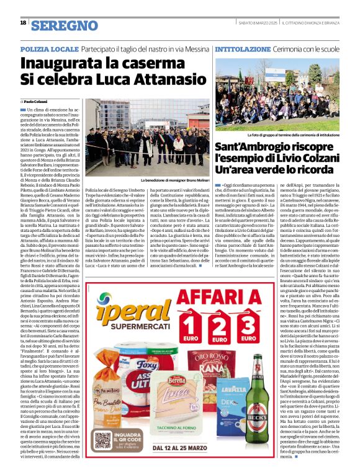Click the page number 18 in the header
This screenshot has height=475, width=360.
point(23,23)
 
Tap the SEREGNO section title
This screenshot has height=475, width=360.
point(65,25)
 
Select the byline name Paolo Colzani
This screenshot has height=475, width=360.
point(38,101)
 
